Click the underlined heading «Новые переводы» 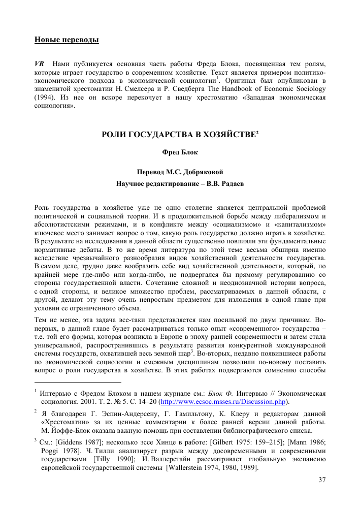click(x=66, y=40)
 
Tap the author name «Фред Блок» click(x=180, y=152)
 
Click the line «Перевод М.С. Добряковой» click(x=180, y=172)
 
